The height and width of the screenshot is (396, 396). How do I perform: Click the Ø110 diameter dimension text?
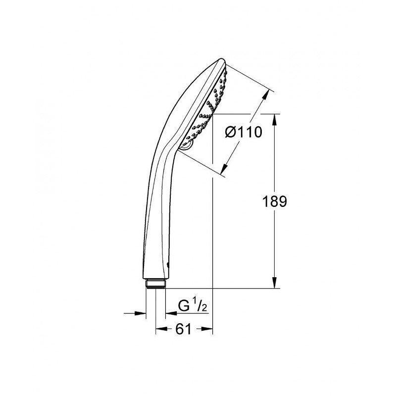[x=243, y=132]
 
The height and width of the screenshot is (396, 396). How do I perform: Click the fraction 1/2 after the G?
[x=200, y=307]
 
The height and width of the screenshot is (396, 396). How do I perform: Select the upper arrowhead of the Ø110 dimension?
[x=269, y=93]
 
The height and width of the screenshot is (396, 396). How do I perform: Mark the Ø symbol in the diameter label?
[x=230, y=132]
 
